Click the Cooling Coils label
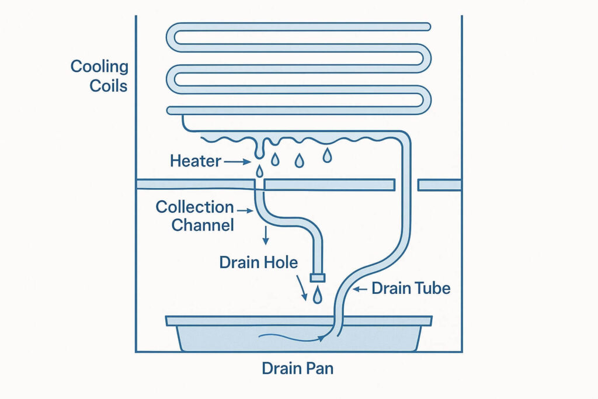(99, 75)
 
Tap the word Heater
(196, 161)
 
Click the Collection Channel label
(194, 216)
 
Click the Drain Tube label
(411, 288)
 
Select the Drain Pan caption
(298, 369)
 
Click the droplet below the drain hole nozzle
(317, 295)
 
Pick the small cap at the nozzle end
(317, 276)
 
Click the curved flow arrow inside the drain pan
(292, 336)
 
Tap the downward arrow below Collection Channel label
(266, 235)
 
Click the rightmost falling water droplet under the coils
(328, 155)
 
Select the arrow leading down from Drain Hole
(302, 289)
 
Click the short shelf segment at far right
(440, 185)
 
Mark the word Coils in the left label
(108, 85)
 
